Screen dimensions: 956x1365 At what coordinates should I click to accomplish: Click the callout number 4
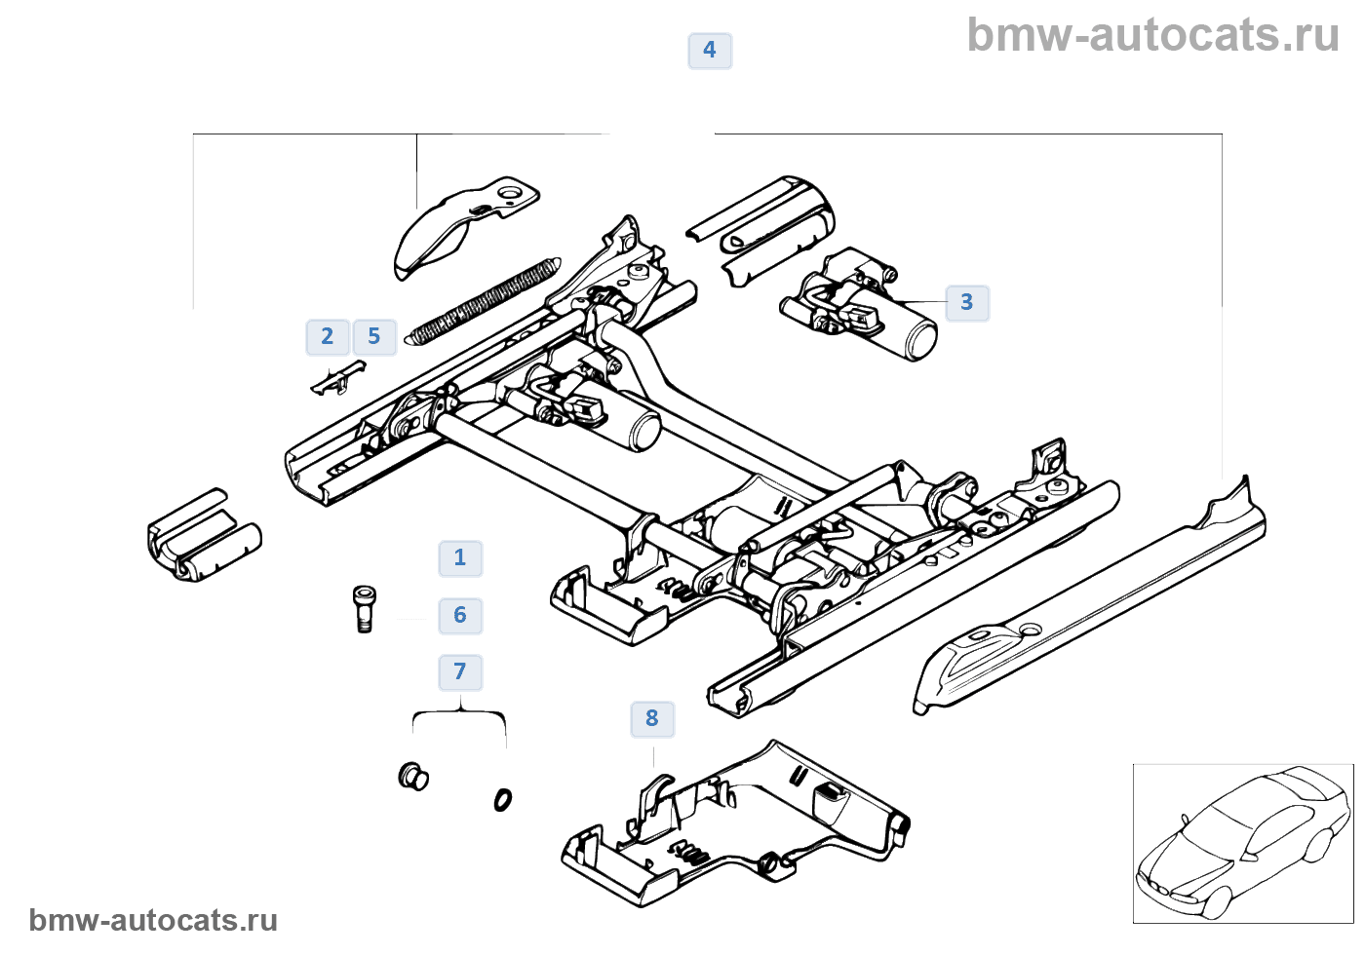coord(710,51)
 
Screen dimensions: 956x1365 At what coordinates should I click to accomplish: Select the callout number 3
coord(966,302)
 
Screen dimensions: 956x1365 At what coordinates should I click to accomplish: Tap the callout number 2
coord(328,337)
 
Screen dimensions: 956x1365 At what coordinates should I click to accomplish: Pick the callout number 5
coord(374,337)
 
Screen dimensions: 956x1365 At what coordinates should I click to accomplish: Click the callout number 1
coord(460,558)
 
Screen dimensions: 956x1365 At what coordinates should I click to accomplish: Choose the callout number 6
coord(460,615)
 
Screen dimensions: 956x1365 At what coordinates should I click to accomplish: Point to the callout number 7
coord(460,671)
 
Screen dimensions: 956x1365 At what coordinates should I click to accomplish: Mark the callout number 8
coord(652,719)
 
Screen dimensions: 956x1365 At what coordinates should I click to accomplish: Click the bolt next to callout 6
coord(364,609)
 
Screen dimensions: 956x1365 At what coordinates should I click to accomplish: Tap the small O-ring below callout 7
coord(502,800)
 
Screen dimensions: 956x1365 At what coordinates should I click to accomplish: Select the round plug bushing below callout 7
coord(414,777)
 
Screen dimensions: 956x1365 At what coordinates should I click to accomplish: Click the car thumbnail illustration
coord(1242,844)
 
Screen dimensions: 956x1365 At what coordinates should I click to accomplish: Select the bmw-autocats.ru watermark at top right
coord(1152,36)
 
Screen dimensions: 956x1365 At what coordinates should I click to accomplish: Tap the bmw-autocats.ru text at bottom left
coord(153,921)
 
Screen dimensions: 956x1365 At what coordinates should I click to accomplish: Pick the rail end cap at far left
coord(203,537)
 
